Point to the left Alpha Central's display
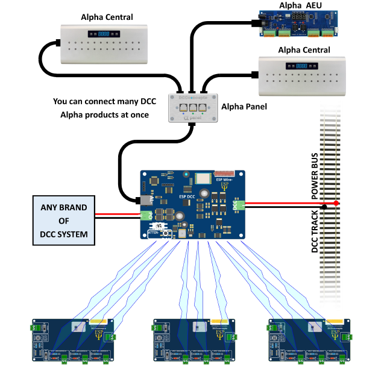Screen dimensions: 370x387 104,35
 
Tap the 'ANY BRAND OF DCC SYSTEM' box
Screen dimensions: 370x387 64,221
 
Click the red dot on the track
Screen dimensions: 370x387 336,203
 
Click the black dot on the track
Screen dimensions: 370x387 324,207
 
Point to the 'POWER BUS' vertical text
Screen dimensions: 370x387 315,174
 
